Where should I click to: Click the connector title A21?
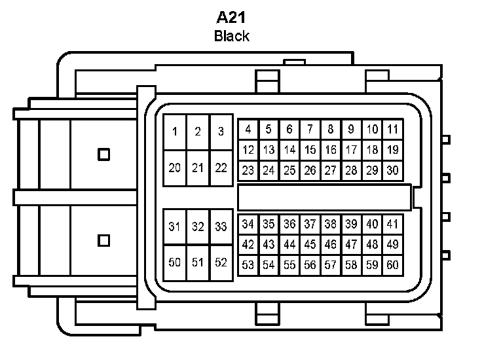[x=231, y=16]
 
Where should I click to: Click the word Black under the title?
[x=231, y=36]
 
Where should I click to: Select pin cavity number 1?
[x=174, y=132]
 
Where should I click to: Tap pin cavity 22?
[x=221, y=168]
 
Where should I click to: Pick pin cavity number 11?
[x=392, y=129]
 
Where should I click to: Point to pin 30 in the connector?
[x=392, y=171]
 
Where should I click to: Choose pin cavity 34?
[x=248, y=224]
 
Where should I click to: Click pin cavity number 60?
[x=392, y=265]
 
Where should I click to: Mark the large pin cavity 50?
[x=174, y=263]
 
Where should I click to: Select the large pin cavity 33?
[x=221, y=227]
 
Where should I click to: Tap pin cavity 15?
[x=310, y=150]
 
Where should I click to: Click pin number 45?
[x=310, y=244]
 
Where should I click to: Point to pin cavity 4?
[x=248, y=129]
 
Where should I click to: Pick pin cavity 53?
[x=248, y=265]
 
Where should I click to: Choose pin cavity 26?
[x=310, y=171]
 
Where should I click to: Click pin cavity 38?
[x=331, y=224]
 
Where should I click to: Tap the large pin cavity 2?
[x=198, y=132]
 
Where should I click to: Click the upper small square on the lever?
[x=103, y=154]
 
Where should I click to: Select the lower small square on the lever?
[x=103, y=240]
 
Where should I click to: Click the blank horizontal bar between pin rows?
[x=324, y=197]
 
